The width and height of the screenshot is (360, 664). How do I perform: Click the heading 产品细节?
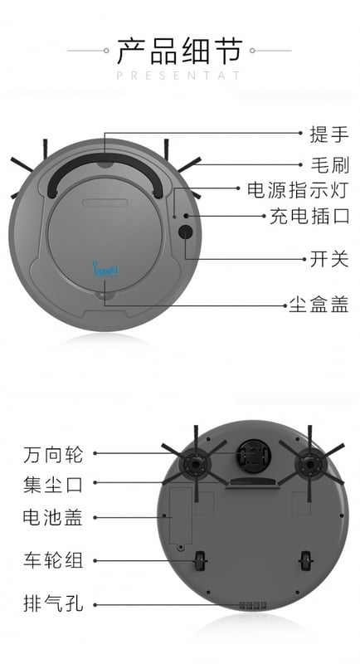click(180, 51)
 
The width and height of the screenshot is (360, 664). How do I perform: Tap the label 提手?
click(329, 134)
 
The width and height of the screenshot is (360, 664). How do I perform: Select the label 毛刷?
click(330, 165)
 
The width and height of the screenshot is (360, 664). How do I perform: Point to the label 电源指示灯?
click(298, 190)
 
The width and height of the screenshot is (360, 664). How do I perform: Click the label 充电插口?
click(309, 217)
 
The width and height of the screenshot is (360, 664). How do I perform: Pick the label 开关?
click(329, 259)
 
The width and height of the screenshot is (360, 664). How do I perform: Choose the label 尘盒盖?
click(319, 304)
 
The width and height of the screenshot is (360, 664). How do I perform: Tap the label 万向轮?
click(53, 454)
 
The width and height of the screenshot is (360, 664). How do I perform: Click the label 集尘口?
click(53, 485)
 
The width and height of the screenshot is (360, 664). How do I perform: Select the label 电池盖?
click(53, 517)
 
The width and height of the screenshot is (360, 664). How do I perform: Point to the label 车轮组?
click(53, 560)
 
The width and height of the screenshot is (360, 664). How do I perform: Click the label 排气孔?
click(53, 603)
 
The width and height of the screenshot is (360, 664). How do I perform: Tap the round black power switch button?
click(185, 232)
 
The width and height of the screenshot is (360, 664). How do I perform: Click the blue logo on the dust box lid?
click(105, 269)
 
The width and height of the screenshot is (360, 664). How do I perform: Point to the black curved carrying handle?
click(105, 160)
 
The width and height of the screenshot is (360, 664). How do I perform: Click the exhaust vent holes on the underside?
click(253, 606)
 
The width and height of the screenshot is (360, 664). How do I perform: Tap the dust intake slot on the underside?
click(252, 483)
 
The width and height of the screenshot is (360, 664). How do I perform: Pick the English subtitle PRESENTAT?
click(178, 76)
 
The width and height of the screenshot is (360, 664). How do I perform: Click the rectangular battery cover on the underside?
click(181, 515)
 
